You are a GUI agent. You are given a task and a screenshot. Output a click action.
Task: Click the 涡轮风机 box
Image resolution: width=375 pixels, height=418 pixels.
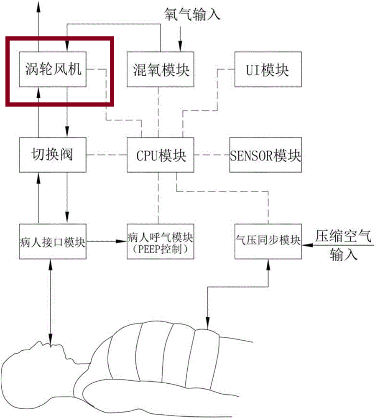click(x=53, y=70)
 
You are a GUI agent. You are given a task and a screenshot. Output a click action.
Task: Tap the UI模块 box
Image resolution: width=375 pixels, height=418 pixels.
click(x=268, y=70)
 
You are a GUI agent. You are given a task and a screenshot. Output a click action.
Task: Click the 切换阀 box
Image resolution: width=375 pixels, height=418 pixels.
click(x=53, y=155)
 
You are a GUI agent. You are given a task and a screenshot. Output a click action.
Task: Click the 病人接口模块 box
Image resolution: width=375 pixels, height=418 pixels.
click(x=53, y=242)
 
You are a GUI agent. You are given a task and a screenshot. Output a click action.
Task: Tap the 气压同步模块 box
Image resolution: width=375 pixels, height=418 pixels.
click(x=268, y=242)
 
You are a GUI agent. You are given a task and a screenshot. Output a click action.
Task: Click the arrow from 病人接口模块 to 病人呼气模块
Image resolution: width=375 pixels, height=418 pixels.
click(x=107, y=242)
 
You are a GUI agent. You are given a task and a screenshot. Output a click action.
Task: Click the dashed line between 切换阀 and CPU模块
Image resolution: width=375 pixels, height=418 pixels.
click(x=107, y=155)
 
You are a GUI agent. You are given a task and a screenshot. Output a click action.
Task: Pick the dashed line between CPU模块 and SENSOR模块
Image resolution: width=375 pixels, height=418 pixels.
click(x=211, y=155)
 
